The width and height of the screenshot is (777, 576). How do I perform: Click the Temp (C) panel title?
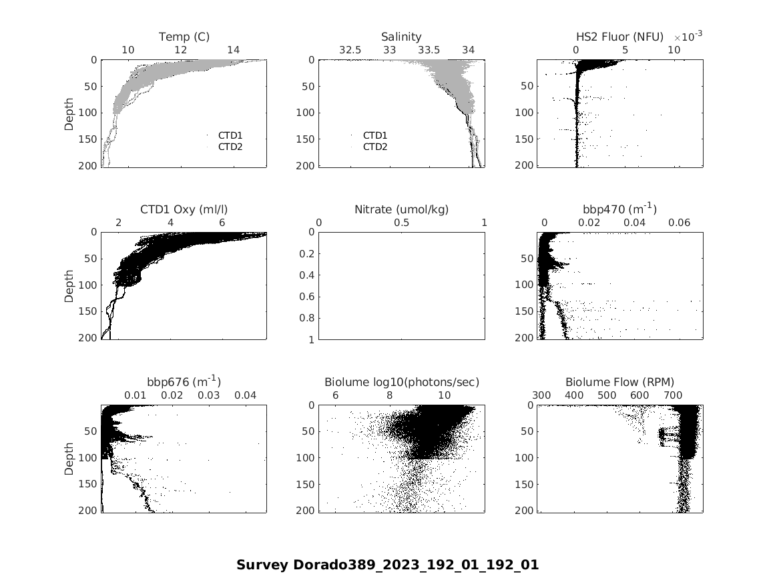click(184, 37)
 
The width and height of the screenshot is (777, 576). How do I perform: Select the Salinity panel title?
click(401, 37)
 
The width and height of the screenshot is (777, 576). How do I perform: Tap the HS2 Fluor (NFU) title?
click(619, 37)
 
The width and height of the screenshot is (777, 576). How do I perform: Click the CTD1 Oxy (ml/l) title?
click(184, 209)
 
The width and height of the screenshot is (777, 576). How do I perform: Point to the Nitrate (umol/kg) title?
click(401, 209)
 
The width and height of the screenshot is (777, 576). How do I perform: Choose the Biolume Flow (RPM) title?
click(619, 382)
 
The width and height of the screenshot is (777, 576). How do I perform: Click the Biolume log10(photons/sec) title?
click(401, 382)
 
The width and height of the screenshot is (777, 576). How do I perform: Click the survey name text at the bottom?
click(387, 565)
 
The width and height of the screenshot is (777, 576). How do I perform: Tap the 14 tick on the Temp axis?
click(233, 50)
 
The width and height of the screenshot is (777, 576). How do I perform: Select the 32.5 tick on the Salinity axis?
click(350, 50)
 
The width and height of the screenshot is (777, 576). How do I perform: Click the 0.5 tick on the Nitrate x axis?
click(402, 223)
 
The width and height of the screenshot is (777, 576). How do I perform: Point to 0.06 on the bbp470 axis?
click(680, 223)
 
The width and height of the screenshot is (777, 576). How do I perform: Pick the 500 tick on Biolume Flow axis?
click(607, 395)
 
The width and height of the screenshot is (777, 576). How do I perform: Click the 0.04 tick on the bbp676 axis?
click(246, 395)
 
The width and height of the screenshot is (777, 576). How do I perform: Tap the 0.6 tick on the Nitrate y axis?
click(308, 297)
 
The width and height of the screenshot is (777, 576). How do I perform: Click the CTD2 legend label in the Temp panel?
click(230, 147)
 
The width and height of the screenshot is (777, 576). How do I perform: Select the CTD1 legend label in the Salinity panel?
click(375, 135)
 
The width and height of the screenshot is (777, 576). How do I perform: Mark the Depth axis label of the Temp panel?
click(69, 113)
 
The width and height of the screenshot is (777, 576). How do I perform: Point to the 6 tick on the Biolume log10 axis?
click(335, 395)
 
